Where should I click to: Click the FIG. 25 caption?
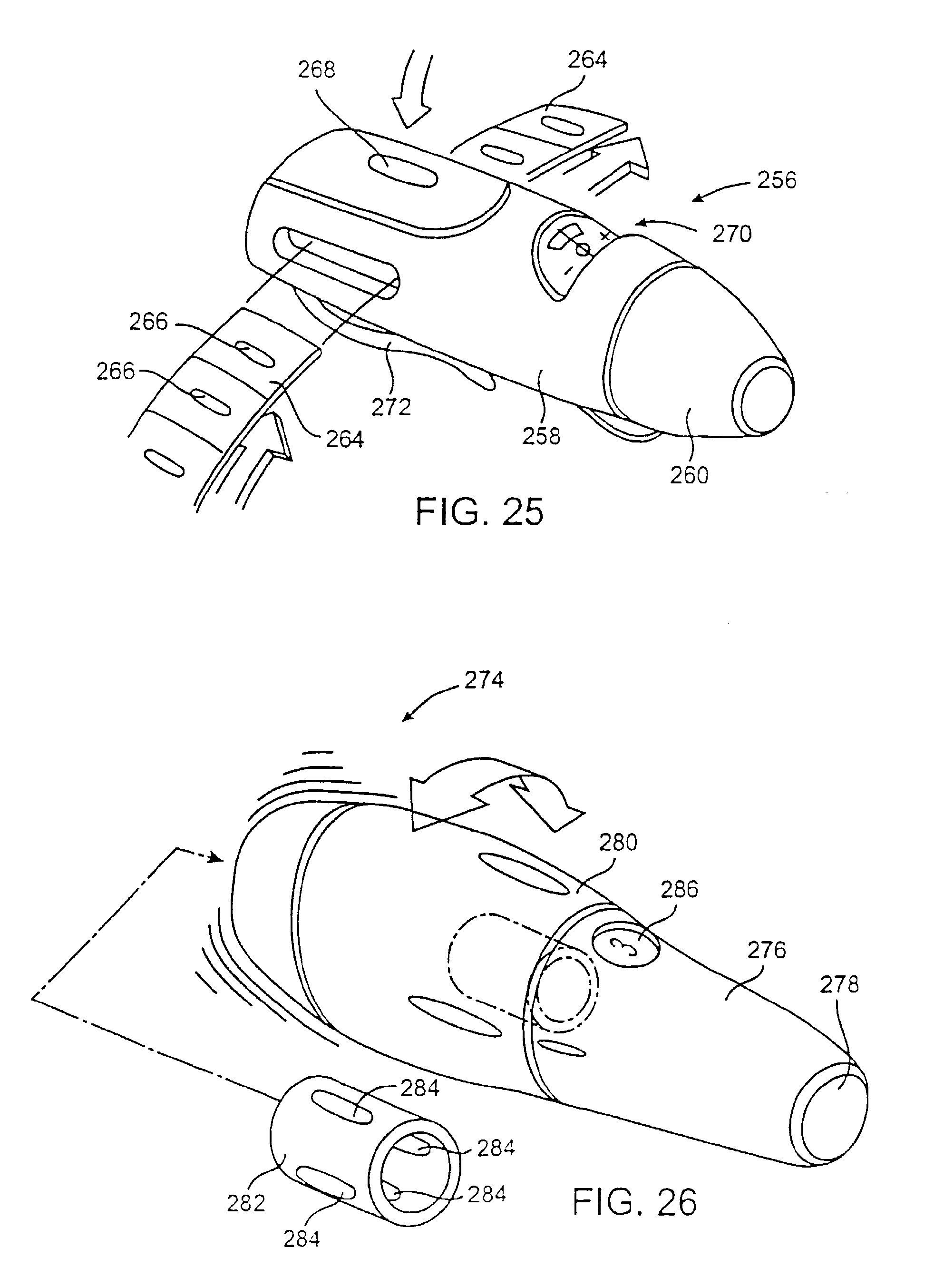point(479,511)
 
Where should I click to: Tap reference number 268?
point(317,70)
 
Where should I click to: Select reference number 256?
point(777,181)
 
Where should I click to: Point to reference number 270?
point(732,235)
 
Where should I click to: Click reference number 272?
point(391,407)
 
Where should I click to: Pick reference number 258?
point(541,437)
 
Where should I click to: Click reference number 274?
point(484,680)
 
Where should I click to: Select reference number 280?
point(618,843)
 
